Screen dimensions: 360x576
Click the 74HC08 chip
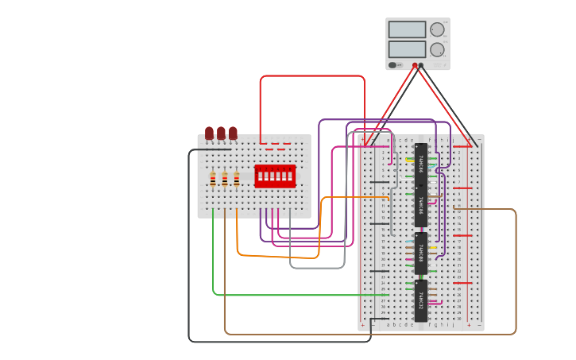point(420,253)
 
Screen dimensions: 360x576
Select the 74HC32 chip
point(420,300)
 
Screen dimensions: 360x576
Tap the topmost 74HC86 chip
point(420,164)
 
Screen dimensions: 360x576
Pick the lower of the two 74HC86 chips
point(420,206)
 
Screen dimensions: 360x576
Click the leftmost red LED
point(210,133)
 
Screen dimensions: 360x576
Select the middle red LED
point(222,133)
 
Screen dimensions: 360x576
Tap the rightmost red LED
point(233,133)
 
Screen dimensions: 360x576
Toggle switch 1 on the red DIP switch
point(260,176)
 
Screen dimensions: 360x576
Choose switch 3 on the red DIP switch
point(272,176)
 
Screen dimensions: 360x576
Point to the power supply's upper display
point(408,29)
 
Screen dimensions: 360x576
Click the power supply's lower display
point(408,49)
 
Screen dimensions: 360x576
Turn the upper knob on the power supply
point(437,29)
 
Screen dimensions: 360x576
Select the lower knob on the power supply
point(437,49)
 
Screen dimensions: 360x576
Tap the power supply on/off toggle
point(392,65)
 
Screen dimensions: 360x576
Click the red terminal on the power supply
point(415,65)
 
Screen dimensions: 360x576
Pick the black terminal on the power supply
point(421,65)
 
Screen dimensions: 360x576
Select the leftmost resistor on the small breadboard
point(213,179)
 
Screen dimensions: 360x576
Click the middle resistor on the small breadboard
point(225,179)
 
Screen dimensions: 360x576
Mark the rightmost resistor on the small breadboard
point(237,179)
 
